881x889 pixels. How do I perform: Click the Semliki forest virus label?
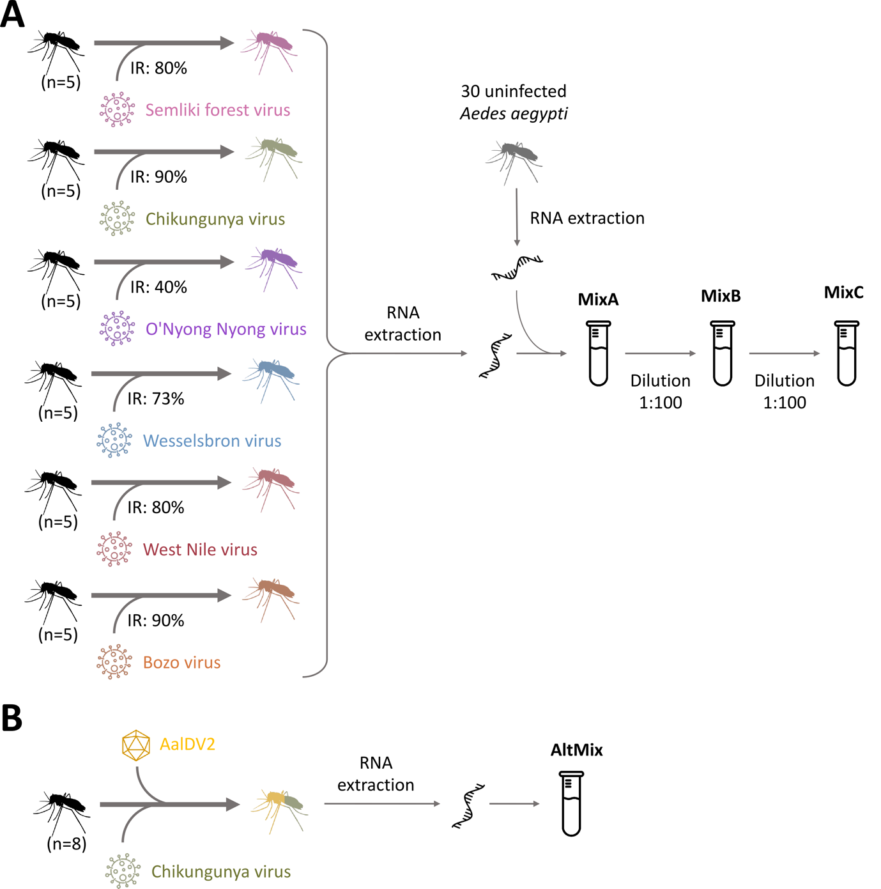pyautogui.click(x=217, y=110)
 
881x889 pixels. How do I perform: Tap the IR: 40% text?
pyautogui.click(x=158, y=287)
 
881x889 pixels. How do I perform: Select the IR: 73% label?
pyautogui.click(x=155, y=399)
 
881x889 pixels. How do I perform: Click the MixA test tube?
pyautogui.click(x=598, y=353)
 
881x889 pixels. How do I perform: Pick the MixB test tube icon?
pyautogui.click(x=723, y=353)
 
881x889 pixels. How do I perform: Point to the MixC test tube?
pyautogui.click(x=847, y=353)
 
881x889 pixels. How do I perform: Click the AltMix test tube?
pyautogui.click(x=571, y=803)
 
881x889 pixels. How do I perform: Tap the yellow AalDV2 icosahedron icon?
pyautogui.click(x=136, y=745)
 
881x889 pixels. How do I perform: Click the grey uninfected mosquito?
pyautogui.click(x=514, y=162)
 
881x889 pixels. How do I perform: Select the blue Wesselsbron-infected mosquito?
pyautogui.click(x=271, y=380)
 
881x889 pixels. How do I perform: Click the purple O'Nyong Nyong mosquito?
pyautogui.click(x=273, y=268)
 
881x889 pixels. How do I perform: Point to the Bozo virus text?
pyautogui.click(x=181, y=663)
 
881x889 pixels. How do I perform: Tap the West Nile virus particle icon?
pyautogui.click(x=114, y=549)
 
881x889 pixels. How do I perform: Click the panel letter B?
pyautogui.click(x=12, y=718)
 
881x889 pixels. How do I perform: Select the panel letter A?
pyautogui.click(x=12, y=15)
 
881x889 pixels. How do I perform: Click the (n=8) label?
pyautogui.click(x=66, y=844)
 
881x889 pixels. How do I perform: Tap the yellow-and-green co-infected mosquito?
pyautogui.click(x=280, y=810)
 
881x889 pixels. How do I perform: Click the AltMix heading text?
pyautogui.click(x=576, y=750)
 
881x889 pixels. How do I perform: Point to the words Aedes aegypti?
pyautogui.click(x=514, y=114)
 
